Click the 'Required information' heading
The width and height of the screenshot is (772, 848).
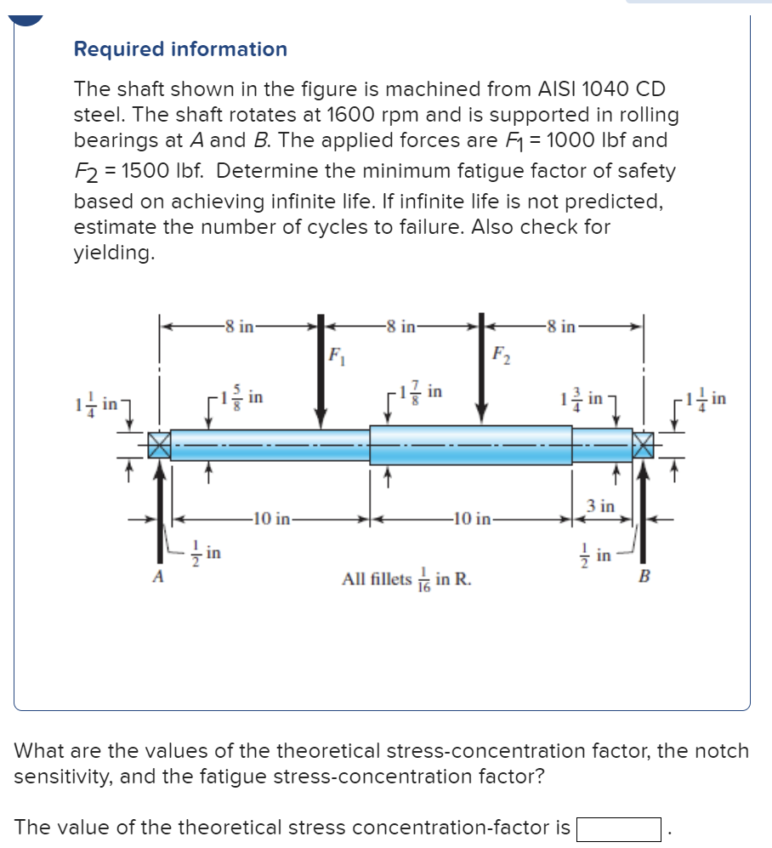click(180, 49)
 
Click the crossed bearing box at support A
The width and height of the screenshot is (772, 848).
click(160, 445)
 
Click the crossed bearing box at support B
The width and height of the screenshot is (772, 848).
click(644, 445)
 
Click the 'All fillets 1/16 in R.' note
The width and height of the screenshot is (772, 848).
click(407, 580)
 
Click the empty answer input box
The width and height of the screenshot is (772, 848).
click(619, 828)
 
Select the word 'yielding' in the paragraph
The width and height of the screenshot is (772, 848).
click(114, 253)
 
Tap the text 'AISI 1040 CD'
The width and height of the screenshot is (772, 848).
click(601, 88)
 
